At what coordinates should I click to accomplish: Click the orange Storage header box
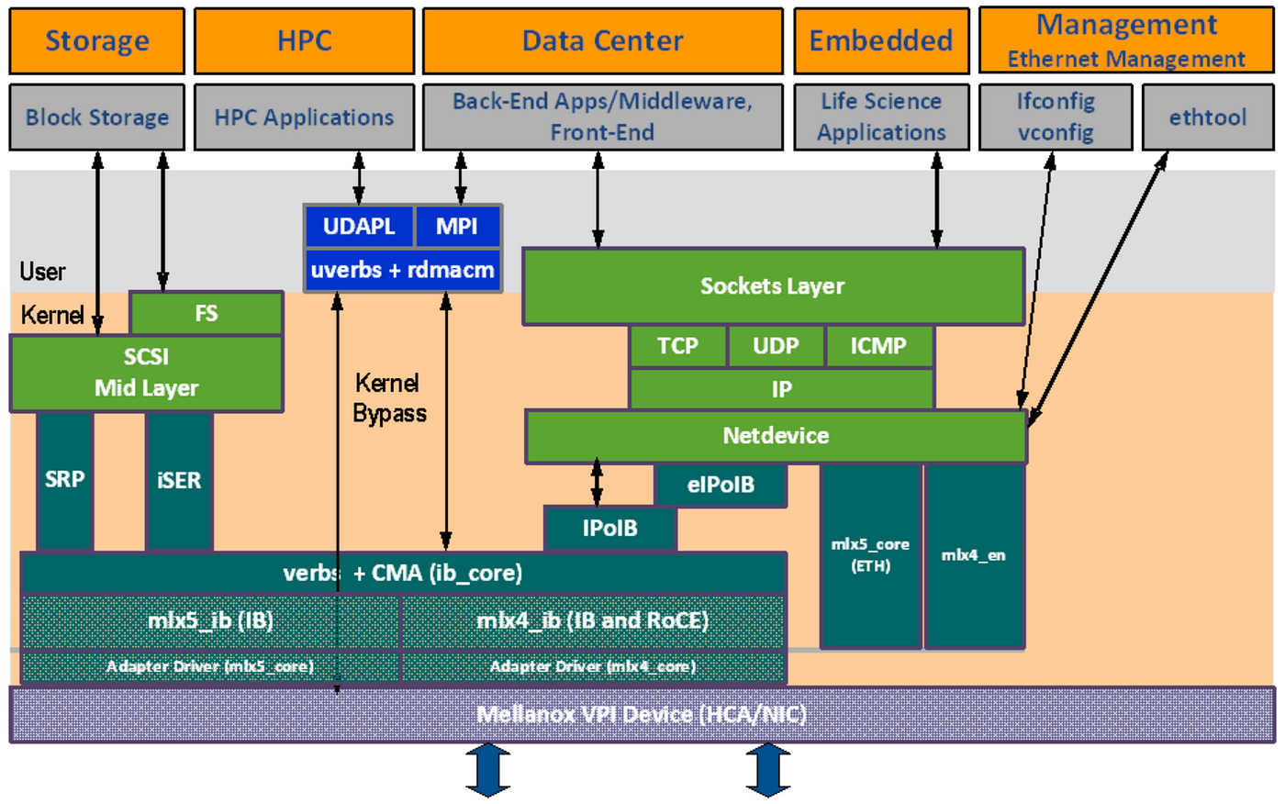[x=97, y=40]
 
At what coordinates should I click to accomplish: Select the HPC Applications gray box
[x=304, y=117]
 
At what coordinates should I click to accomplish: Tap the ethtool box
[x=1208, y=117]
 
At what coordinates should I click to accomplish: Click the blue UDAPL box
[x=359, y=226]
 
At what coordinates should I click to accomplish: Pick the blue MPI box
[x=457, y=226]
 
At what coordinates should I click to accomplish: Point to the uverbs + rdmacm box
[x=403, y=270]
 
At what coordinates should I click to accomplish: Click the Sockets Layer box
[x=773, y=286]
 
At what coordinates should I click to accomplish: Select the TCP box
[x=678, y=346]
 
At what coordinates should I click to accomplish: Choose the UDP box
[x=777, y=346]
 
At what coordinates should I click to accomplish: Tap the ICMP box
[x=879, y=346]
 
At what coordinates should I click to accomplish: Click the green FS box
[x=207, y=313]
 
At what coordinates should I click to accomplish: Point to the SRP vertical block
[x=65, y=481]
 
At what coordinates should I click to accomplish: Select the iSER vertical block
[x=179, y=481]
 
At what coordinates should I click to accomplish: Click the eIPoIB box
[x=721, y=486]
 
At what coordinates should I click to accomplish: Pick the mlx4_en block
[x=974, y=555]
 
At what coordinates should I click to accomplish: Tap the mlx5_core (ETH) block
[x=871, y=555]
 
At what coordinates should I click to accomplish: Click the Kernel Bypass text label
[x=389, y=398]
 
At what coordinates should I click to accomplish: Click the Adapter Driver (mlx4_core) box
[x=593, y=666]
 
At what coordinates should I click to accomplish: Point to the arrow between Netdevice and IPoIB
[x=598, y=483]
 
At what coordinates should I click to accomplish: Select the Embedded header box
[x=882, y=40]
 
